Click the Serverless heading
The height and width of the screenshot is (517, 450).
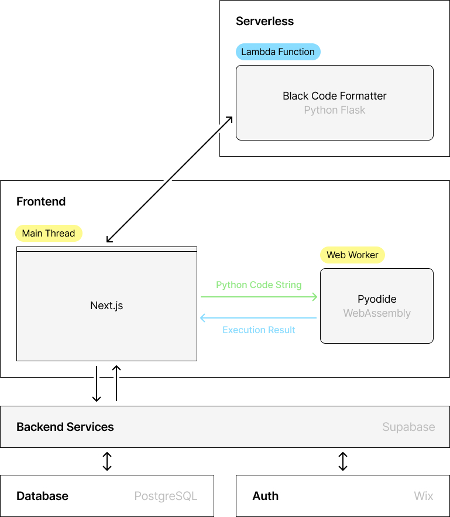(x=264, y=22)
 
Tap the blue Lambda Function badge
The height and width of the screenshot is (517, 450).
(x=278, y=52)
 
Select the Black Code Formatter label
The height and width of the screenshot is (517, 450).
(x=334, y=96)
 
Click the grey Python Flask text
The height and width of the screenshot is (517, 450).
(x=334, y=110)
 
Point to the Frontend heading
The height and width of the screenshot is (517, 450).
(x=41, y=202)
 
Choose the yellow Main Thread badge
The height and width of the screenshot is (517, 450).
(x=49, y=234)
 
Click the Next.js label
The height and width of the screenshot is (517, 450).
(x=107, y=306)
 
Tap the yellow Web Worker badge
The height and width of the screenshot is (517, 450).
(x=352, y=255)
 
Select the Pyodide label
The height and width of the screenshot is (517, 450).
(x=377, y=299)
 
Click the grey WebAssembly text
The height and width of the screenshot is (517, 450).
(x=377, y=313)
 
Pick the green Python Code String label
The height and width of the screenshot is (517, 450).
(x=259, y=285)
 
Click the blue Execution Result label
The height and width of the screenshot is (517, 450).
(x=259, y=330)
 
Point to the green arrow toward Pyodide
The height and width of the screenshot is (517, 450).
(x=259, y=297)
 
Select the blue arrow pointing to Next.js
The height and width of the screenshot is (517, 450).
(x=259, y=318)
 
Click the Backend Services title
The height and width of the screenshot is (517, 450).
(x=65, y=427)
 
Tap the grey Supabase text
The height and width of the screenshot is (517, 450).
(x=408, y=427)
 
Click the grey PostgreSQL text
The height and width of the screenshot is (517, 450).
(x=166, y=497)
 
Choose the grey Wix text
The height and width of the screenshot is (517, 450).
(x=424, y=497)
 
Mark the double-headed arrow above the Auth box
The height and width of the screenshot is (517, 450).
(x=343, y=461)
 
